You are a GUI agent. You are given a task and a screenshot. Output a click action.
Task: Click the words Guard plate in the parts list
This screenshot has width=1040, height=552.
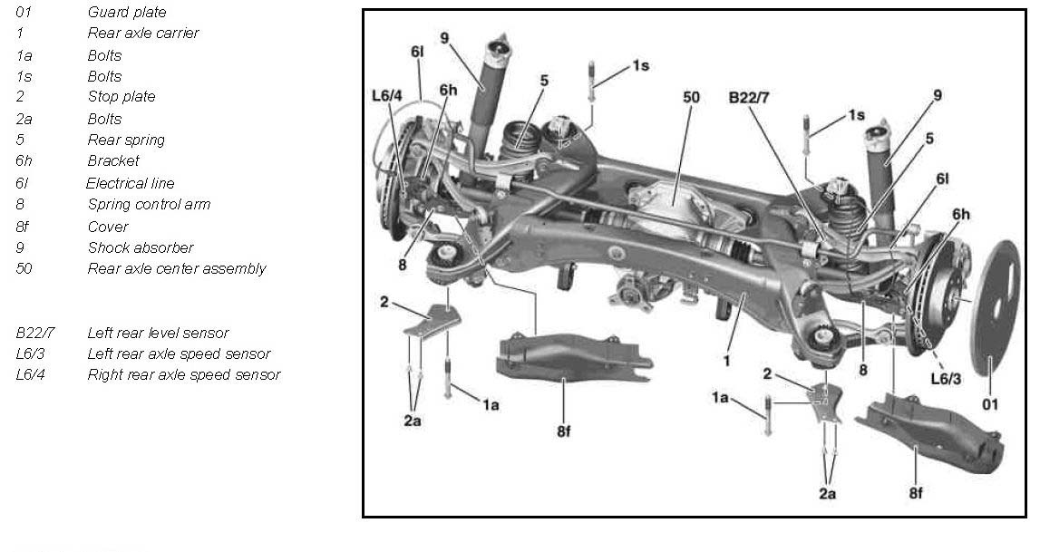(x=127, y=12)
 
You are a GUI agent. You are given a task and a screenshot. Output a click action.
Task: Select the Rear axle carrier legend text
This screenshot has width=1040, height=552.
(x=143, y=33)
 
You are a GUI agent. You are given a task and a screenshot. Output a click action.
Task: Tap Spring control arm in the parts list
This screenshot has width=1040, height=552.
(x=149, y=204)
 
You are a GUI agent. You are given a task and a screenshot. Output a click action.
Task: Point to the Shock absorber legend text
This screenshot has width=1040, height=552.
(x=141, y=247)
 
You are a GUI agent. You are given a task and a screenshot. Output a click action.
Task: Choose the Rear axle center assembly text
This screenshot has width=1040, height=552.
(x=177, y=268)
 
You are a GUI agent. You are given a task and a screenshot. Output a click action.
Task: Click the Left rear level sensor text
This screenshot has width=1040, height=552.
(x=158, y=333)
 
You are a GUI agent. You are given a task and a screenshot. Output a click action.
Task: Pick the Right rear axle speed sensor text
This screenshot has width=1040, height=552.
(x=184, y=374)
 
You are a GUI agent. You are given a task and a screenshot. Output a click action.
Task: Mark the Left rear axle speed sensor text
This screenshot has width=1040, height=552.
(x=179, y=353)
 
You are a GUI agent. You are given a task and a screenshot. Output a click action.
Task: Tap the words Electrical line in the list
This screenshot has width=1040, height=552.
(x=131, y=183)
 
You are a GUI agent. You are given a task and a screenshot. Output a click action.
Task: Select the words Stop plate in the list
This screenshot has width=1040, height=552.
(x=121, y=96)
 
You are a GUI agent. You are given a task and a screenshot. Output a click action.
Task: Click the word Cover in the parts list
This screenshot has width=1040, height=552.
(x=108, y=227)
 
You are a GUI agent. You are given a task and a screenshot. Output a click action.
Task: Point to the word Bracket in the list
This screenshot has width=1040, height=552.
(x=113, y=160)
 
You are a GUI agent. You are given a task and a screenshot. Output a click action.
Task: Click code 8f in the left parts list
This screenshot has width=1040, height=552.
(x=23, y=227)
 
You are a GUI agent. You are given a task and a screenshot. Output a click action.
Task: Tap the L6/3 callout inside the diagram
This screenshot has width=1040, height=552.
(x=946, y=378)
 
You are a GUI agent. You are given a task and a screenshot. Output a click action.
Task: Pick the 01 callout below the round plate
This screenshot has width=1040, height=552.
(x=990, y=404)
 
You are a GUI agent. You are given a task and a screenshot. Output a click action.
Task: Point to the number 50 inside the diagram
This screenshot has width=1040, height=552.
(x=691, y=96)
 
